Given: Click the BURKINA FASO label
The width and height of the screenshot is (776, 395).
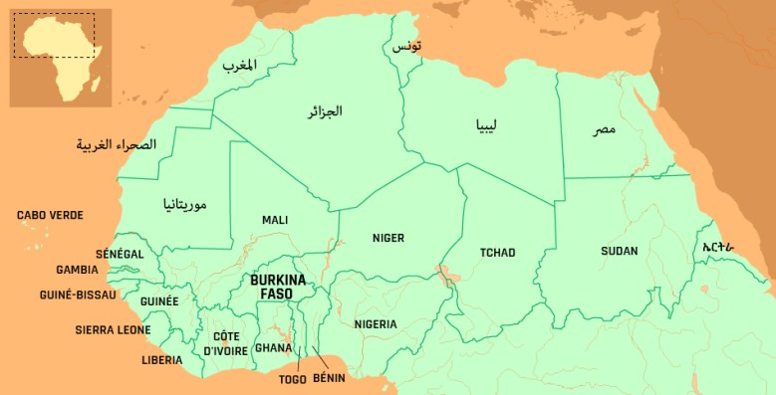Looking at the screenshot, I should tap(278, 287).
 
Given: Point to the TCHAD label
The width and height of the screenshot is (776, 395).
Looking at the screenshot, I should tap(497, 252).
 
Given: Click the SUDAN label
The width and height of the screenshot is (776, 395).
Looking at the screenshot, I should tap(619, 251).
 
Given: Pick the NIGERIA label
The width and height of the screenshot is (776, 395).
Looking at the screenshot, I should tap(376, 324).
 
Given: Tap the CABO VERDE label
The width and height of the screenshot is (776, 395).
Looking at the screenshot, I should tap(50, 215).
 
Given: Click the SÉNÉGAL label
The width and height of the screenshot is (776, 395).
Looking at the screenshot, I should tap(120, 254).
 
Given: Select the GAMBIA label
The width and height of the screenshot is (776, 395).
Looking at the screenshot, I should tap(77, 270).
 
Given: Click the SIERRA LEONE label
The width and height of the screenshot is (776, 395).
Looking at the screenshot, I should tap(114, 329).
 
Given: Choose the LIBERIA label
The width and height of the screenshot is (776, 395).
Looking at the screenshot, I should tap(161, 359).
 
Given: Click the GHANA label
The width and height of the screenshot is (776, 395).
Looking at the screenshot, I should tap(273, 347).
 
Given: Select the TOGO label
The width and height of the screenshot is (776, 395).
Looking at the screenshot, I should tap(292, 379).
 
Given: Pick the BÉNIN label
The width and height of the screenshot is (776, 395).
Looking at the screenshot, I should tap(329, 379).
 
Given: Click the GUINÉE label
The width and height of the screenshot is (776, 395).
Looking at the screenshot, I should tap(159, 300).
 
